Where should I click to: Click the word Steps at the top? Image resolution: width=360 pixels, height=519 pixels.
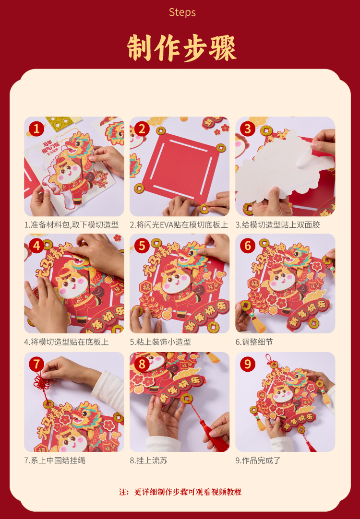(182, 12)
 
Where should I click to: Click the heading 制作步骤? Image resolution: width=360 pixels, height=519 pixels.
(181, 47)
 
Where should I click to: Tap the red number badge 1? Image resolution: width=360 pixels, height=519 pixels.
(36, 129)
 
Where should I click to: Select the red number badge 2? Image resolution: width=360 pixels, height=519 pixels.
(142, 129)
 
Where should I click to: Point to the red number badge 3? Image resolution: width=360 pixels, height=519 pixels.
(247, 129)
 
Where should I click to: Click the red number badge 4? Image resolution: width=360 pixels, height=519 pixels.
(36, 246)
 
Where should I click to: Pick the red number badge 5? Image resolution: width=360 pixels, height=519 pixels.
(142, 246)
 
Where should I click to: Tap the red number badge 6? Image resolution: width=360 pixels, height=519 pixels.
(247, 246)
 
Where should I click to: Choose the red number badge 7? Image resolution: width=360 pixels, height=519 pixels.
(36, 365)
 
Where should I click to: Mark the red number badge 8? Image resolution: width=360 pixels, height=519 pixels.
(142, 365)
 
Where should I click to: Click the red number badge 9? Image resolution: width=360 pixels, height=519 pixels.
(247, 365)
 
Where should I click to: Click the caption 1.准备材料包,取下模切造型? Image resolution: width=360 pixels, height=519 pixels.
(71, 225)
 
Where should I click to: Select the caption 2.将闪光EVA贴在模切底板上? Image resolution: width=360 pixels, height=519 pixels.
(179, 225)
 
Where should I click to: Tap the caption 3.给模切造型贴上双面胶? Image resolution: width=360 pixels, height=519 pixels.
(277, 225)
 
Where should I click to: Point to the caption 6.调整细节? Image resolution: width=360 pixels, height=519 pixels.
(254, 342)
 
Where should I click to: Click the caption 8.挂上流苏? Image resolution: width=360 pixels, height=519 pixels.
(148, 460)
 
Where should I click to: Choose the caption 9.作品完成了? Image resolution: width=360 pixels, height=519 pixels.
(258, 460)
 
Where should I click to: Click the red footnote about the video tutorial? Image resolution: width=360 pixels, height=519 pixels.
(180, 492)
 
